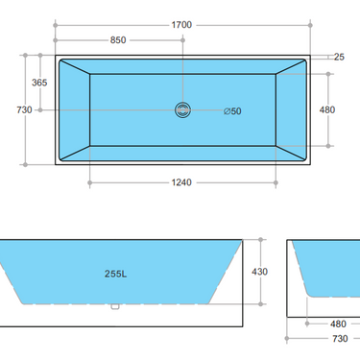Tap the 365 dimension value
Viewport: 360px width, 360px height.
38,84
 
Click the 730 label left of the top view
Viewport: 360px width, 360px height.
25,110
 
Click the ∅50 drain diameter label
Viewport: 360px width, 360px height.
231,110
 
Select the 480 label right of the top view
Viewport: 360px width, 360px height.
327,110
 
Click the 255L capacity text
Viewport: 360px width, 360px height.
117,273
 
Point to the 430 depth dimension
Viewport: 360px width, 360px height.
259,273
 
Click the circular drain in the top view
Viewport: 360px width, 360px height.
182,109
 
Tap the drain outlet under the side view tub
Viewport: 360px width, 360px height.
113,307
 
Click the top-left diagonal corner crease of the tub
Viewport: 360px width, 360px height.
75,68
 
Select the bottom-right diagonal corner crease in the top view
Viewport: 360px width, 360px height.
291,152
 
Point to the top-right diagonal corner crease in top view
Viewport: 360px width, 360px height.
291,68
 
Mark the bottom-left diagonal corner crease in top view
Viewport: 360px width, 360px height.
75,152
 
